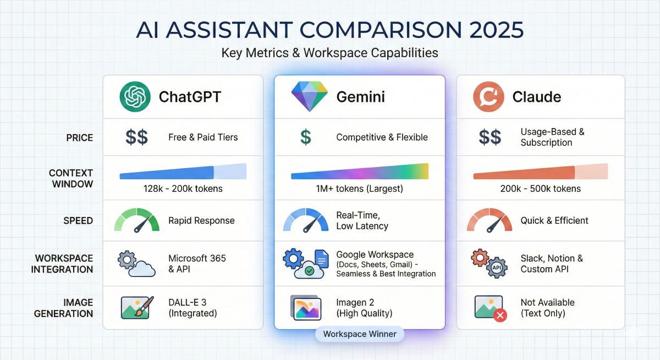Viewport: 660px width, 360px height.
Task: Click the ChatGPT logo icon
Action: pyautogui.click(x=135, y=97)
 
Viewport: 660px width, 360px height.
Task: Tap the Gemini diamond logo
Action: pyautogui.click(x=308, y=97)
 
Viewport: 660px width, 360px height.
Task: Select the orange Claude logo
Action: pyautogui.click(x=489, y=97)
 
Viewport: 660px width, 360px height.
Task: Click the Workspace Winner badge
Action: pyautogui.click(x=359, y=334)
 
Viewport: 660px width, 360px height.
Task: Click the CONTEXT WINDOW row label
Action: pyautogui.click(x=71, y=179)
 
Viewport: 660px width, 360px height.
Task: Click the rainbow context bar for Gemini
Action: pyautogui.click(x=359, y=173)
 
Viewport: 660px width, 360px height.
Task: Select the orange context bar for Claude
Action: pyautogui.click(x=540, y=173)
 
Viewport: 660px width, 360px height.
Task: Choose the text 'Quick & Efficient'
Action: pyautogui.click(x=554, y=220)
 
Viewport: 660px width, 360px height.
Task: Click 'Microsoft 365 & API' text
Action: pyautogui.click(x=197, y=264)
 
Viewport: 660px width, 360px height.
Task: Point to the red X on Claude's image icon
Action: pyautogui.click(x=501, y=315)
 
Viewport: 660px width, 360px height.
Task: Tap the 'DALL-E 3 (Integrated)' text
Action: pyautogui.click(x=193, y=308)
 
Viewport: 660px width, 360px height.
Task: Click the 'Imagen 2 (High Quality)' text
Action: pyautogui.click(x=364, y=308)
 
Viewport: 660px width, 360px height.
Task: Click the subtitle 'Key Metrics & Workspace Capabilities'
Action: pyautogui.click(x=329, y=53)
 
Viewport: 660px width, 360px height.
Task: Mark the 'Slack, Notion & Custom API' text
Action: pyautogui.click(x=552, y=264)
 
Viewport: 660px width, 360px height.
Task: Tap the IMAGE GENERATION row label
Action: pyautogui.click(x=64, y=308)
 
